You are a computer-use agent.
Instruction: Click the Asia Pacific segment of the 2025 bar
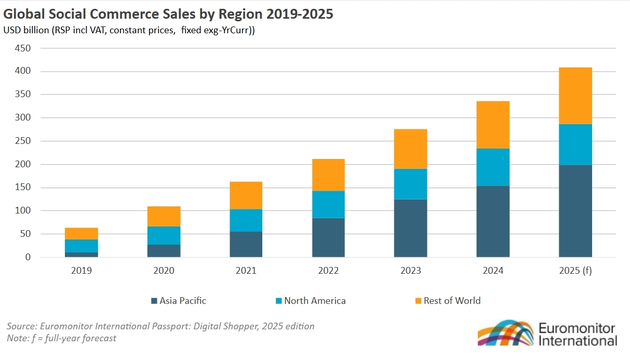click(575, 211)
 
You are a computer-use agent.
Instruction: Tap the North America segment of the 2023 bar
click(410, 184)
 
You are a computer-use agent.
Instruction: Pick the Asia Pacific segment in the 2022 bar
click(328, 237)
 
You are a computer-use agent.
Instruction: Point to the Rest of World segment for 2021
click(246, 195)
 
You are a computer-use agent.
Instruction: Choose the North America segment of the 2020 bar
click(164, 235)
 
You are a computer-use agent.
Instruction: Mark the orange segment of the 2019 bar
click(82, 233)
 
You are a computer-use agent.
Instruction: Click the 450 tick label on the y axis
click(24, 48)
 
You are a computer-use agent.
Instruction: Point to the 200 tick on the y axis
click(24, 164)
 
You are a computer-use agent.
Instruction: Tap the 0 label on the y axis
click(28, 257)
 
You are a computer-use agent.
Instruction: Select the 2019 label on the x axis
click(82, 271)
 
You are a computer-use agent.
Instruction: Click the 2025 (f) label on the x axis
click(575, 271)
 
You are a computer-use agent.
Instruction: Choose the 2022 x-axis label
click(328, 271)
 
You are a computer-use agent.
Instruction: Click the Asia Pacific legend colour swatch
click(154, 301)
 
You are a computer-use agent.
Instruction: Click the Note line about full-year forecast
click(61, 338)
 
